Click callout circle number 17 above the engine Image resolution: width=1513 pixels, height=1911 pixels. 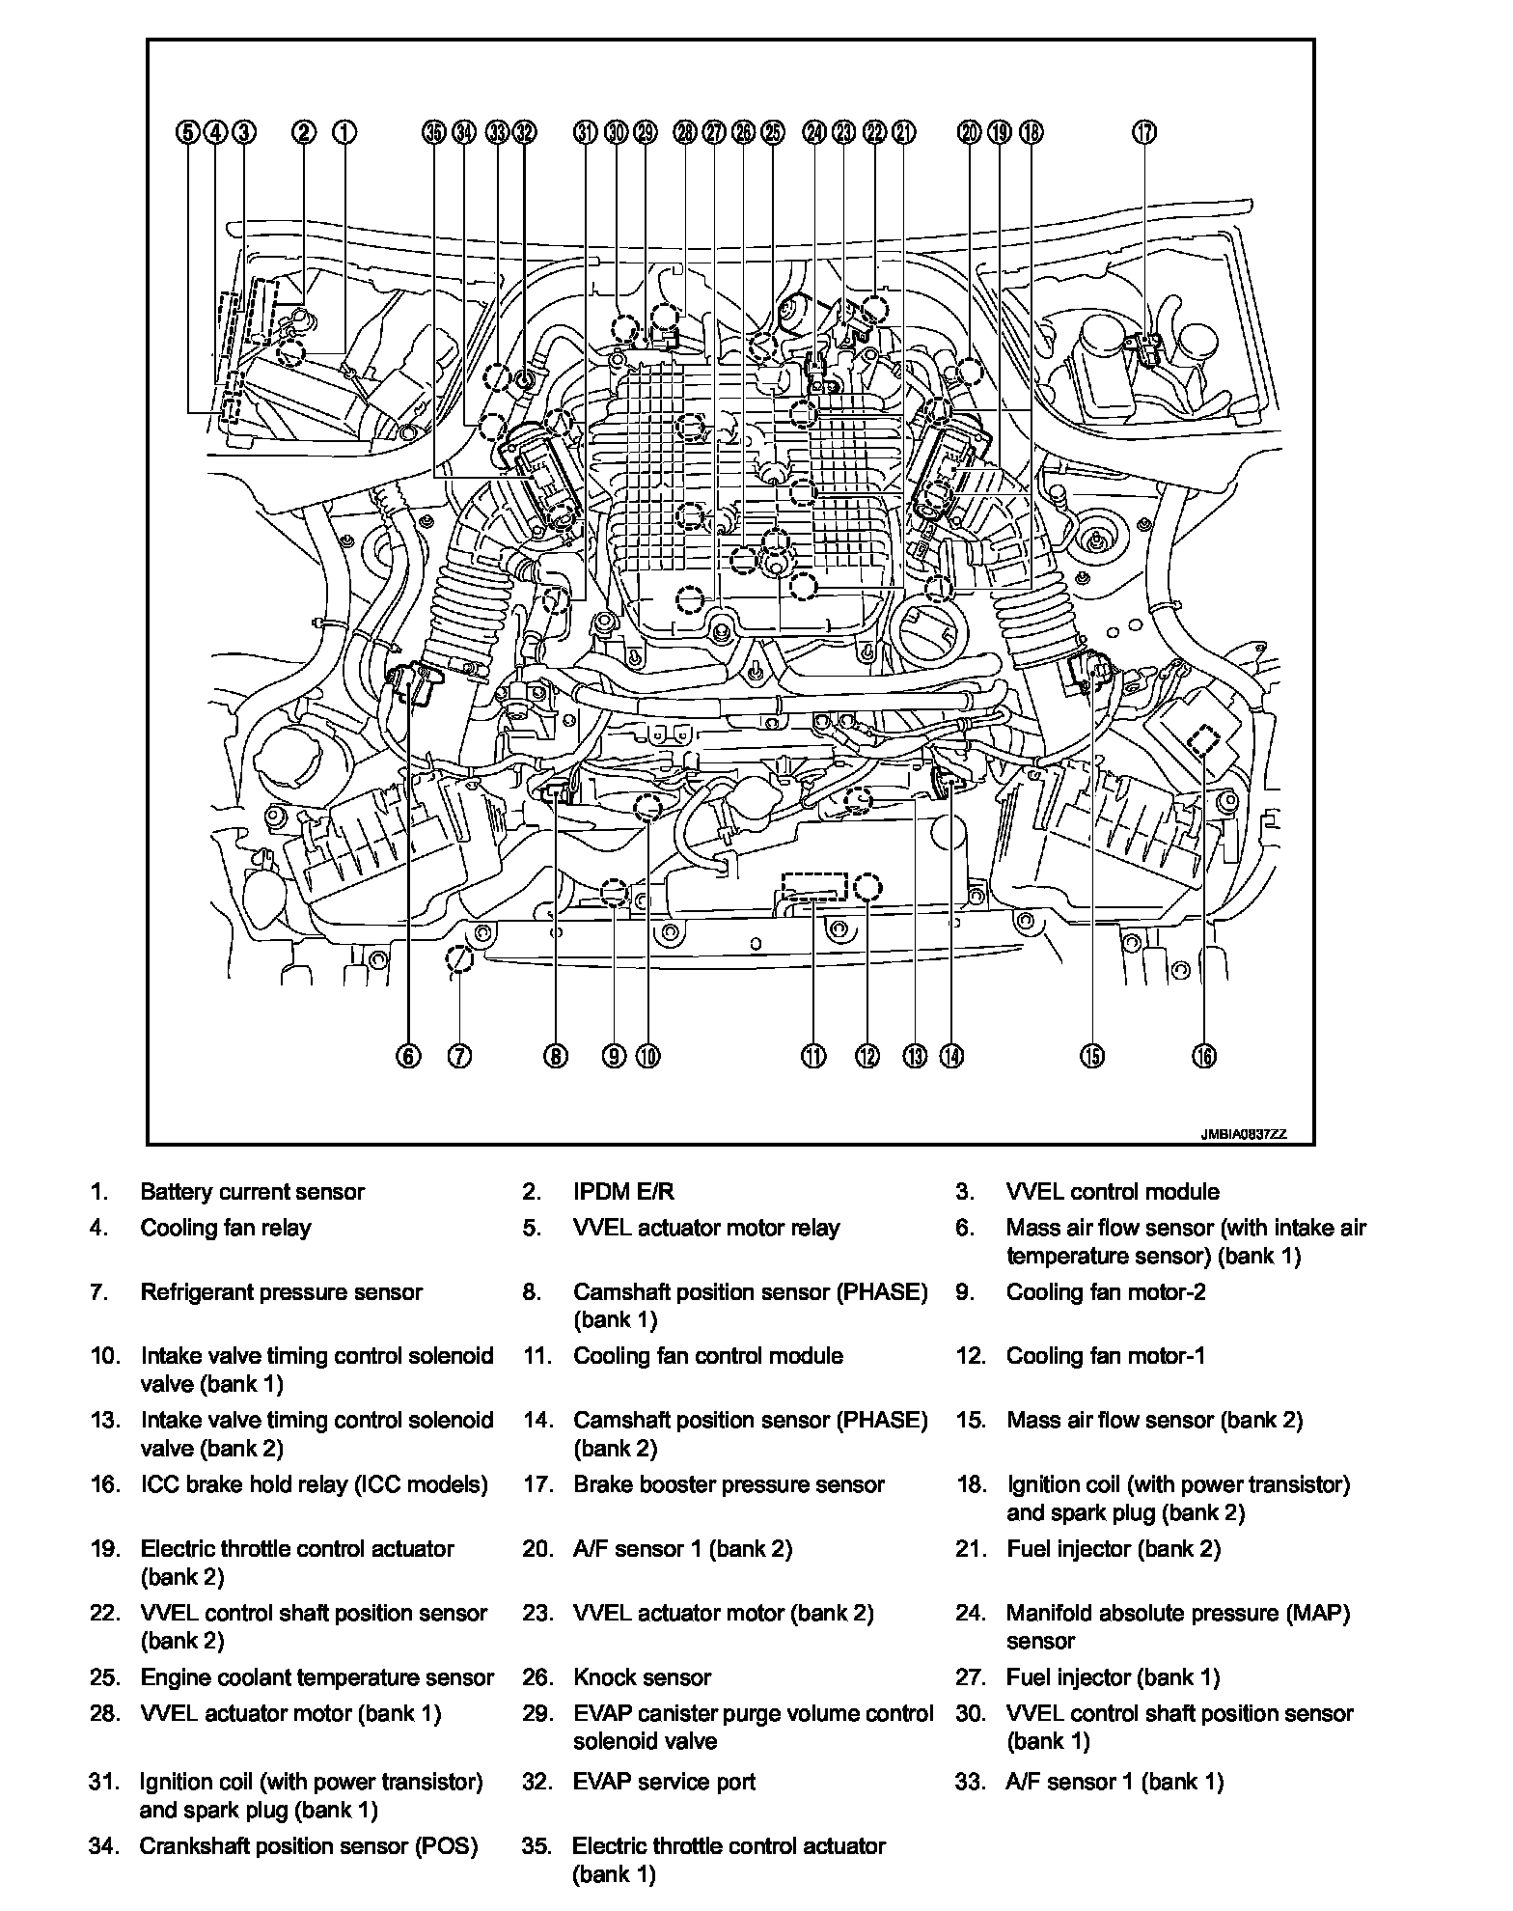pyautogui.click(x=1144, y=132)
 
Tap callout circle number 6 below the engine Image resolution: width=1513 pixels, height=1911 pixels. pyautogui.click(x=408, y=1056)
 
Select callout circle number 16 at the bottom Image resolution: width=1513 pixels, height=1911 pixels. pyautogui.click(x=1204, y=1056)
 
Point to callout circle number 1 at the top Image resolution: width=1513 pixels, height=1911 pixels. pyautogui.click(x=344, y=132)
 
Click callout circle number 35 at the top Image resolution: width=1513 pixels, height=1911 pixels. pyautogui.click(x=435, y=132)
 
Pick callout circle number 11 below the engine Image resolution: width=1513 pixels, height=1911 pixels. pyautogui.click(x=814, y=1056)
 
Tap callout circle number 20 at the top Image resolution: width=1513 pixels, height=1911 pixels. pyautogui.click(x=970, y=132)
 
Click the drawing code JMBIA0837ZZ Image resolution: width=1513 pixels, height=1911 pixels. pyautogui.click(x=1244, y=1135)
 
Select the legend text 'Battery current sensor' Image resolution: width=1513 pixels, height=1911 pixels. pyautogui.click(x=252, y=1192)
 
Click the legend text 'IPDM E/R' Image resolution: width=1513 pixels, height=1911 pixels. pyautogui.click(x=623, y=1192)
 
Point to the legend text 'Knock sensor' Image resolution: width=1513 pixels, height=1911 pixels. pyautogui.click(x=642, y=1677)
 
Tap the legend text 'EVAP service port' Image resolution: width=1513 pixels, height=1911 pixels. pyautogui.click(x=664, y=1782)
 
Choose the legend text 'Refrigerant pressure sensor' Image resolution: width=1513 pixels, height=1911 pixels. pyautogui.click(x=281, y=1292)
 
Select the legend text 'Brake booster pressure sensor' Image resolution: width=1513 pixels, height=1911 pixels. pyautogui.click(x=729, y=1484)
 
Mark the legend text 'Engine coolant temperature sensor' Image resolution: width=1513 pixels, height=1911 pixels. pyautogui.click(x=316, y=1677)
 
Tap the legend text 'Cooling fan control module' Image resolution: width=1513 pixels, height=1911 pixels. pyautogui.click(x=708, y=1356)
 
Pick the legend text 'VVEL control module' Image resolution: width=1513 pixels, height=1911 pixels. pyautogui.click(x=1113, y=1192)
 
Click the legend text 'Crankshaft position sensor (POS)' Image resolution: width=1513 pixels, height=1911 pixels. pyautogui.click(x=309, y=1846)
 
